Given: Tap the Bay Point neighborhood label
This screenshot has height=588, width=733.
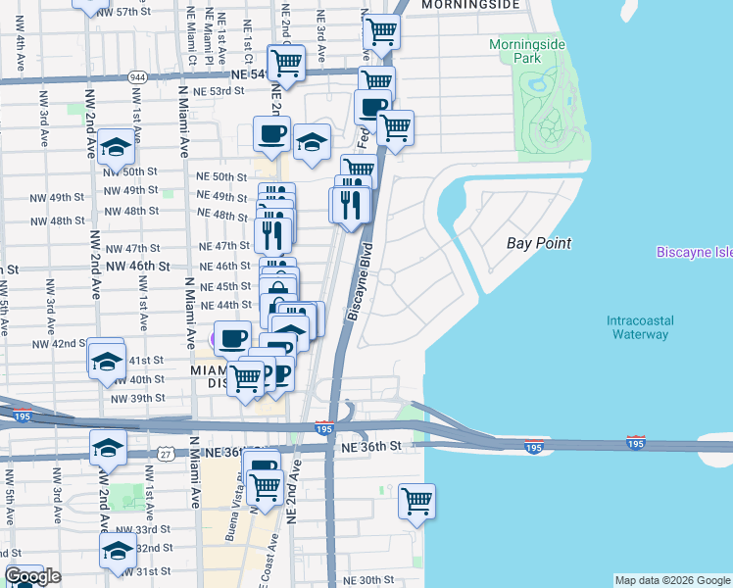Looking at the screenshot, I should click(539, 243).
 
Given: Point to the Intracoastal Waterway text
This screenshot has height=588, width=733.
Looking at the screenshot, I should click(637, 327).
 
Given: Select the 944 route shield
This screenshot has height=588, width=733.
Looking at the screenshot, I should click(136, 75).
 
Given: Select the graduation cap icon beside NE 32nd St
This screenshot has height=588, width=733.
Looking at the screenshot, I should click(118, 549).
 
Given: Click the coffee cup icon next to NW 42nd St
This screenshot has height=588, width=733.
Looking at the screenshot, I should click(232, 339).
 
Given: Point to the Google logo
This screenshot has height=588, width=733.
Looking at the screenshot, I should click(31, 577).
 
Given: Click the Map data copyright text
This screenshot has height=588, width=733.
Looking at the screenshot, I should click(671, 580).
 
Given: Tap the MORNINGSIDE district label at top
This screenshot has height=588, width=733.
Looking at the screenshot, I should click(469, 5).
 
